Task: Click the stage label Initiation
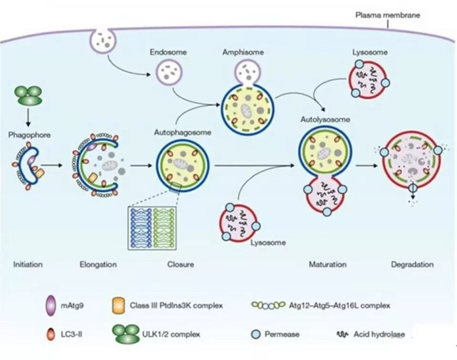[x=28, y=265]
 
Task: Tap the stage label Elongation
[x=98, y=265]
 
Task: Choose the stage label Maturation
[x=326, y=265]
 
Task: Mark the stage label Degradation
[x=412, y=265]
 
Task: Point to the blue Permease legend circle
[x=256, y=335]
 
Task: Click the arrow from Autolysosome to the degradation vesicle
[x=369, y=165]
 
